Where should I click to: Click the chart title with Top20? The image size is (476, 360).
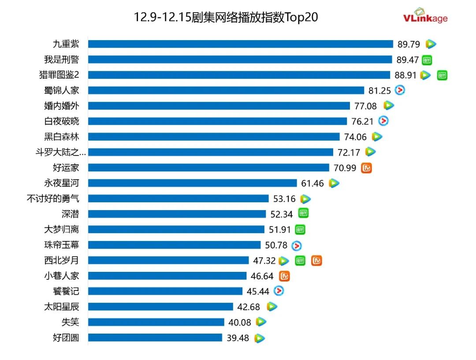[226, 18]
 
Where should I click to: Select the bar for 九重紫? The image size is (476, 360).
[240, 44]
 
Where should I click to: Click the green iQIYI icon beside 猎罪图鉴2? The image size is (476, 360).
[442, 75]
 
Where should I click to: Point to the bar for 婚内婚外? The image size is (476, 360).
[219, 106]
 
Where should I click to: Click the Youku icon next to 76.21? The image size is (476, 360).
[383, 121]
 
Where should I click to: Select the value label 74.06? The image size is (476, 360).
[355, 137]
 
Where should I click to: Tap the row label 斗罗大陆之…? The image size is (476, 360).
[61, 152]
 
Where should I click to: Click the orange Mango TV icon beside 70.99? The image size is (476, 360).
[367, 168]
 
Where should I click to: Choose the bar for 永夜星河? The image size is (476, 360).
[193, 183]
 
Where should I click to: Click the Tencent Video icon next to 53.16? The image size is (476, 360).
[305, 199]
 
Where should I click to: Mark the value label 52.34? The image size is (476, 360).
[282, 214]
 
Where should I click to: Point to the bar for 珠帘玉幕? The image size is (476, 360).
[175, 245]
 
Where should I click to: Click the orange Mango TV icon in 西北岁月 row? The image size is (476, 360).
[316, 260]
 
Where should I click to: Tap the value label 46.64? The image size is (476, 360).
[262, 276]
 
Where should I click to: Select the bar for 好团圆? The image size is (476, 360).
[155, 338]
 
